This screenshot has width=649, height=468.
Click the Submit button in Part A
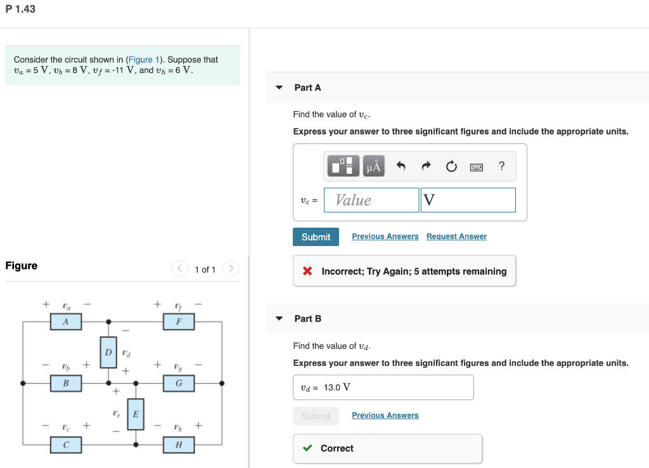(316, 237)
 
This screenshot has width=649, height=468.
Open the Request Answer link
(456, 237)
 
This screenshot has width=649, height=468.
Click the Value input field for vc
(371, 200)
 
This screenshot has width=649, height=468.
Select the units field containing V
(468, 200)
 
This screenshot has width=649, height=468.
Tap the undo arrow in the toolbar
(401, 167)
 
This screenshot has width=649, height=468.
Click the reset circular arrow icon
(451, 167)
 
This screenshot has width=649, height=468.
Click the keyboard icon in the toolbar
(477, 167)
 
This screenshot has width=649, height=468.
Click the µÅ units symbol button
(374, 167)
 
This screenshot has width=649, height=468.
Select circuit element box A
(66, 322)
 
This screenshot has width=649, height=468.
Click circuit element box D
(108, 352)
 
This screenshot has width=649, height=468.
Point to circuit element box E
(135, 414)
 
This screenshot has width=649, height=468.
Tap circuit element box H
(178, 445)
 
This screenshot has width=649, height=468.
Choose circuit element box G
(178, 383)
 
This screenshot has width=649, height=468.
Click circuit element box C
(66, 445)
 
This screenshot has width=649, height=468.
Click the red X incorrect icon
(307, 271)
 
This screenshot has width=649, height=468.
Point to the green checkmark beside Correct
(307, 448)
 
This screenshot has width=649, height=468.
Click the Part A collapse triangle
(279, 88)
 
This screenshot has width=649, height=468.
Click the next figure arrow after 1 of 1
(231, 270)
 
